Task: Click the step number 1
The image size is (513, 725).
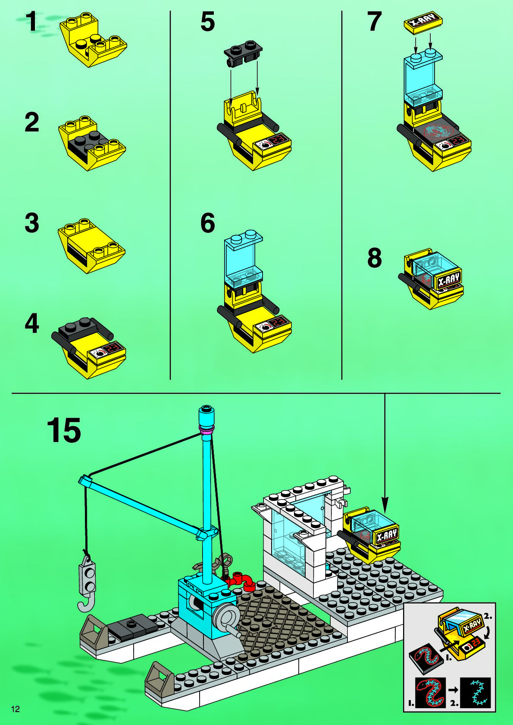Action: (x=31, y=22)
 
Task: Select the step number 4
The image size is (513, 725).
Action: (x=32, y=324)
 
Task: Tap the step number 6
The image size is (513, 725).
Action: (x=207, y=223)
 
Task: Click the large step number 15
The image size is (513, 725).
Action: (x=64, y=430)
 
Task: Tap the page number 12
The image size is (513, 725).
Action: (x=16, y=709)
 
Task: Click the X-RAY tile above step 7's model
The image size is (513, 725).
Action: (x=424, y=23)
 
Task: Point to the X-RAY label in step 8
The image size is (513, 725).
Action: (x=448, y=281)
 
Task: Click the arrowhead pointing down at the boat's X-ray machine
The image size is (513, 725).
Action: (x=385, y=505)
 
